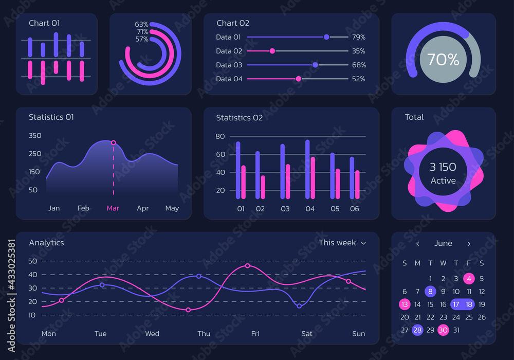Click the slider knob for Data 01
click(326, 37)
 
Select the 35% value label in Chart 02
click(359, 51)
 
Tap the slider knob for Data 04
click(298, 79)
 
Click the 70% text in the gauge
click(443, 60)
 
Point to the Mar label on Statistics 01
click(113, 208)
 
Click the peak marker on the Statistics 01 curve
click(114, 142)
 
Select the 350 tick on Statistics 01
click(35, 136)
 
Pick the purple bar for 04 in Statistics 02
click(307, 169)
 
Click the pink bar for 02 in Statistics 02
click(263, 187)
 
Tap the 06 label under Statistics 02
click(355, 209)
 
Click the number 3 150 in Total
click(443, 167)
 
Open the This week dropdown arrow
click(363, 243)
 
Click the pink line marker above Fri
click(248, 266)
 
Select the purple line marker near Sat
click(299, 306)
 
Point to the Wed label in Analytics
click(152, 334)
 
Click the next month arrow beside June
click(469, 244)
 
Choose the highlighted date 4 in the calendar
click(469, 279)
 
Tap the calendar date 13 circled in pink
click(405, 304)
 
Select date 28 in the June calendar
click(417, 330)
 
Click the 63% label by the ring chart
click(142, 24)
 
